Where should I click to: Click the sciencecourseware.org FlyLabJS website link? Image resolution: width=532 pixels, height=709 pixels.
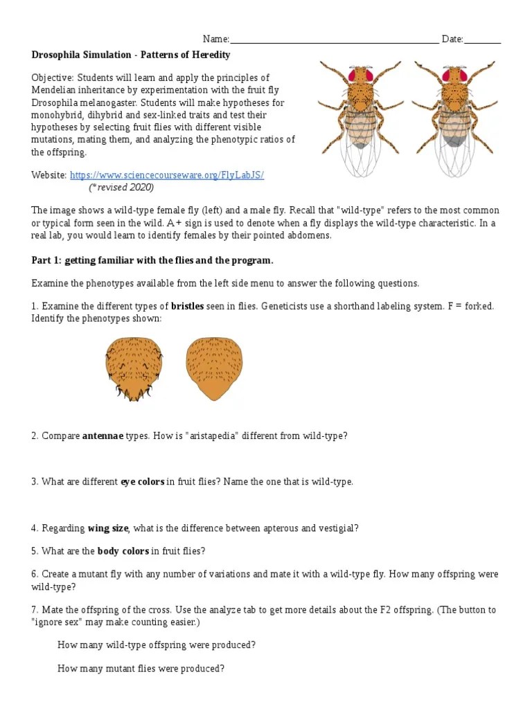[x=166, y=175]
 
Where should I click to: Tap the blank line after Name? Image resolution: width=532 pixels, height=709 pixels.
[x=333, y=40]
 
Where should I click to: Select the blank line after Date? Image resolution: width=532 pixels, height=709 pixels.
[x=482, y=40]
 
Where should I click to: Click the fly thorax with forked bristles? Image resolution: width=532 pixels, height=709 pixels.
[x=134, y=368]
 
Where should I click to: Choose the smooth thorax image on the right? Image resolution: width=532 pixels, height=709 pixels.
[x=214, y=368]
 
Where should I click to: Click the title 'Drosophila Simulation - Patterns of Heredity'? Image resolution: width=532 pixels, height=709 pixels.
[x=131, y=55]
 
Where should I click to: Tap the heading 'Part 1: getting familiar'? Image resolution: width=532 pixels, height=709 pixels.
[x=152, y=260]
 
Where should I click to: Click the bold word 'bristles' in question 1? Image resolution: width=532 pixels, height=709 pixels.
[x=187, y=306]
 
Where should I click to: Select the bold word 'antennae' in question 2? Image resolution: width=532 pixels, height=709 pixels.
[x=103, y=436]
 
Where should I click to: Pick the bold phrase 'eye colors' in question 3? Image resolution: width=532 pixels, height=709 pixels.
[x=142, y=482]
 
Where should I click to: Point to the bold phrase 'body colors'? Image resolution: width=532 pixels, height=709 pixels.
[x=123, y=551]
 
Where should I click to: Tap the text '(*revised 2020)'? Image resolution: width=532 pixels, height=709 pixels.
[x=121, y=188]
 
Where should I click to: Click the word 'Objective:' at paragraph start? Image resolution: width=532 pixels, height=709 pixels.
[x=53, y=78]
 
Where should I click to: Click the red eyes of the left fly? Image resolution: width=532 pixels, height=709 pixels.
[x=360, y=74]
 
